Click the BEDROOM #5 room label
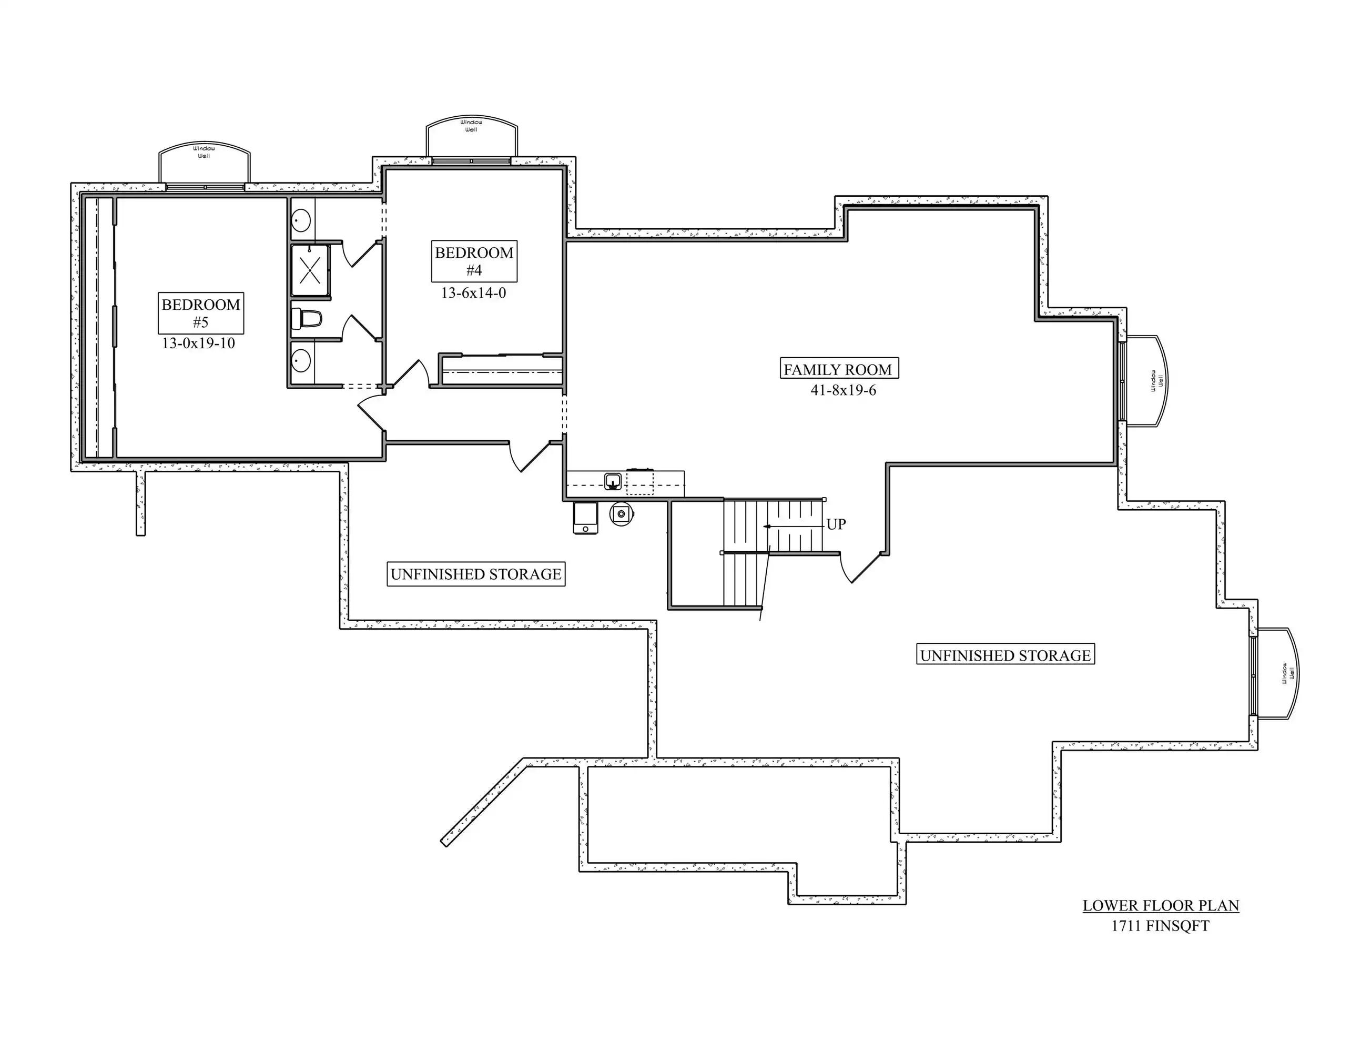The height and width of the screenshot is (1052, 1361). coord(201,313)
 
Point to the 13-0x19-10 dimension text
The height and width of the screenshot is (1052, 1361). coord(198,343)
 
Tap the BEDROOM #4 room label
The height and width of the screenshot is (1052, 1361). coord(474,261)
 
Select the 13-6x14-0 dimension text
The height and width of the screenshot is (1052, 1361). coord(474,293)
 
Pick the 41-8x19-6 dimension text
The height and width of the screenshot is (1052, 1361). coord(843,391)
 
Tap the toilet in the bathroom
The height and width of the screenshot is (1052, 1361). coord(307,319)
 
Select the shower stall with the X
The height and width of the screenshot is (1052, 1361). coord(310,270)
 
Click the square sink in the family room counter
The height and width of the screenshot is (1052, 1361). coord(613,481)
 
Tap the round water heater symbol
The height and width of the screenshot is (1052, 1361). coord(621,514)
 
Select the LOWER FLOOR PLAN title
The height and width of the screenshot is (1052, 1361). coord(1160,906)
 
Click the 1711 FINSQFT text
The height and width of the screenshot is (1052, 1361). coord(1160,926)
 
